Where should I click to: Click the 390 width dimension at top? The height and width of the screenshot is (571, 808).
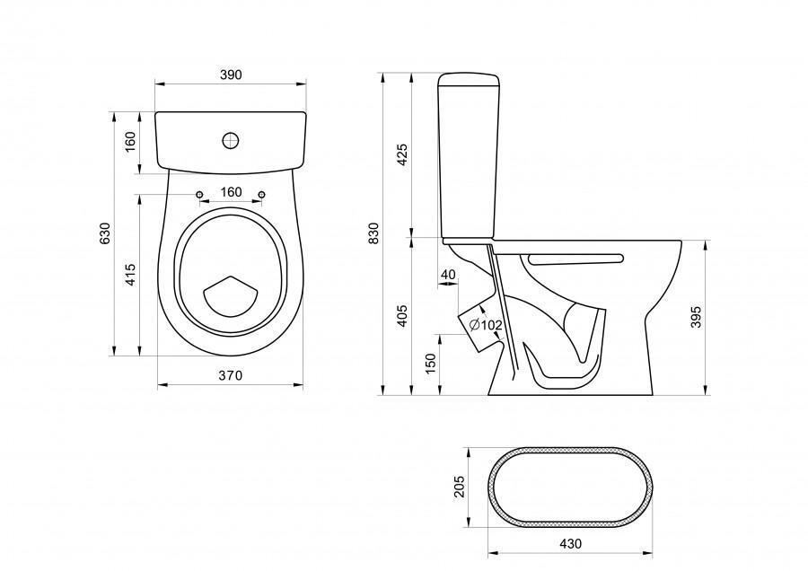[x=231, y=75]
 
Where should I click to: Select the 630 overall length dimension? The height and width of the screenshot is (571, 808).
[x=105, y=233]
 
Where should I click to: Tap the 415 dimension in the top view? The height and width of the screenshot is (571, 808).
[x=131, y=275]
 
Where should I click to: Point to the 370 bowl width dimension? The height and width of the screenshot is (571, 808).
[x=231, y=377]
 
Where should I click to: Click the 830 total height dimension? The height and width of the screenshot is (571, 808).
[x=374, y=233]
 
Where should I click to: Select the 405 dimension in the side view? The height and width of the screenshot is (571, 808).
[x=402, y=314]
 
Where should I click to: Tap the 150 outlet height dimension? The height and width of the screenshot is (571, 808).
[x=430, y=364]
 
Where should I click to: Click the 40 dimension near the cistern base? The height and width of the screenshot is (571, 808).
[x=449, y=274]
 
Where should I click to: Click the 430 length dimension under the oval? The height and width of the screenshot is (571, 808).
[x=570, y=543]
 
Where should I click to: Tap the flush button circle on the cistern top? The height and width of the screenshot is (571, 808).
[x=231, y=140]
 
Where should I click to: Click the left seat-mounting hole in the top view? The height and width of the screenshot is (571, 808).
[x=199, y=194]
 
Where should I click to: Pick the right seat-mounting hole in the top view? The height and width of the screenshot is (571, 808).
[x=261, y=194]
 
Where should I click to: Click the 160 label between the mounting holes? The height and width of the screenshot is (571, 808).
[x=231, y=192]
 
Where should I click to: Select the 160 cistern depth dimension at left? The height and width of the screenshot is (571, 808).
[x=131, y=141]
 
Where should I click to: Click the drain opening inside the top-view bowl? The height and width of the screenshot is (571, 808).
[x=231, y=296]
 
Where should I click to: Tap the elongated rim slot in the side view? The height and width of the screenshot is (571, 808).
[x=575, y=259]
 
